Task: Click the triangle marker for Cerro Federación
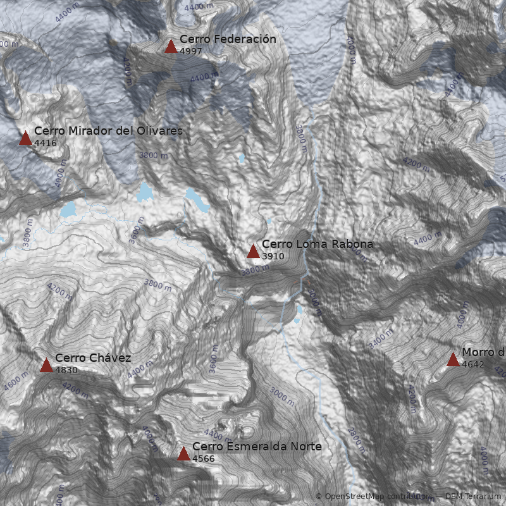point(171,46)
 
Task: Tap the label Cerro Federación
point(228,39)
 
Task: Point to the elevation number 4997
point(191,51)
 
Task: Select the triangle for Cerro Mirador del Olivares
point(25,138)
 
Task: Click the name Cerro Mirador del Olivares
point(108,131)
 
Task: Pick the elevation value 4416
point(46,143)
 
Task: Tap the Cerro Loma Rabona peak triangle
point(253,251)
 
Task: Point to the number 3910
point(273,256)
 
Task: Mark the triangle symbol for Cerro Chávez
point(46,365)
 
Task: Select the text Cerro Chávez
point(93,358)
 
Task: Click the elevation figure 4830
point(66,370)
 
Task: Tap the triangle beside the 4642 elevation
point(453,359)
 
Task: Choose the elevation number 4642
point(473,364)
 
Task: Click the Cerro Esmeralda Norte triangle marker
point(183,454)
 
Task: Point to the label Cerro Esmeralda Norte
point(257,447)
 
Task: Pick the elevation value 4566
point(204,459)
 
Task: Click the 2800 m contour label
point(357,441)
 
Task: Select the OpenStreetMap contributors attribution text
point(373,497)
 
